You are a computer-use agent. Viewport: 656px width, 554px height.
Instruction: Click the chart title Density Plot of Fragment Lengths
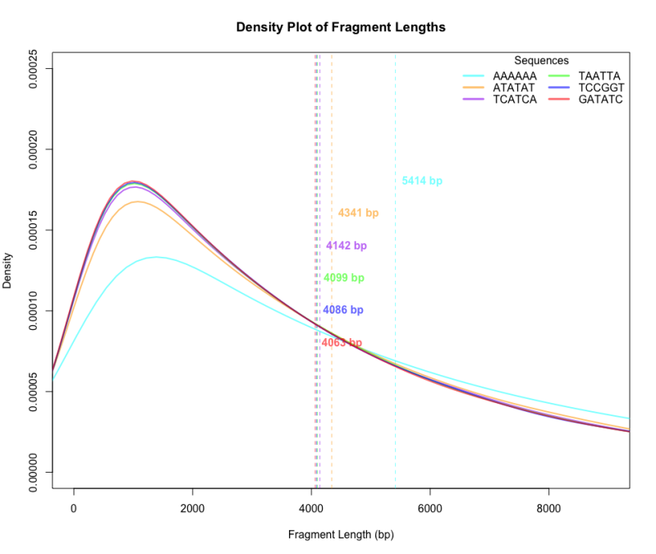[341, 27]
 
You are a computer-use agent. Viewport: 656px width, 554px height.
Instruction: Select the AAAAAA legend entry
[515, 76]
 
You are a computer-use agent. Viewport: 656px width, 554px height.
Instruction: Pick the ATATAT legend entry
[514, 87]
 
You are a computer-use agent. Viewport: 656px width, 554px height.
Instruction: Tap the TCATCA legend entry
[515, 99]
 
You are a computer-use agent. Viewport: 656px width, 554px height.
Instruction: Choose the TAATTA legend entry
[599, 76]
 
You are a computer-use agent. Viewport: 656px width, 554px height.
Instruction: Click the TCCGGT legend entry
[601, 87]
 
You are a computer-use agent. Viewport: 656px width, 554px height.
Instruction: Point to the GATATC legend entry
[600, 99]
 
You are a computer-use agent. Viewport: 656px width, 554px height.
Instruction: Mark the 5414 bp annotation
[422, 181]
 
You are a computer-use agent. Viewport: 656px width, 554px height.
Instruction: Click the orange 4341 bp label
[358, 213]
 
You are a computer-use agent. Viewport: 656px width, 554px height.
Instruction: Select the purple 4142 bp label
[346, 245]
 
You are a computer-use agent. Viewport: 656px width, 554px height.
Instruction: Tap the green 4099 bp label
[343, 278]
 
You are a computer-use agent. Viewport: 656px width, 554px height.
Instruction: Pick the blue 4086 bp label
[342, 310]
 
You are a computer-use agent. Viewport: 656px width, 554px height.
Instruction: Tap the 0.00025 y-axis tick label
[34, 69]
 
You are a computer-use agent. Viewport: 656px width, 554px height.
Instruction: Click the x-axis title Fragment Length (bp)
[341, 534]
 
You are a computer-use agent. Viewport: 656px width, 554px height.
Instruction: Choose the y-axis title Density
[8, 271]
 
